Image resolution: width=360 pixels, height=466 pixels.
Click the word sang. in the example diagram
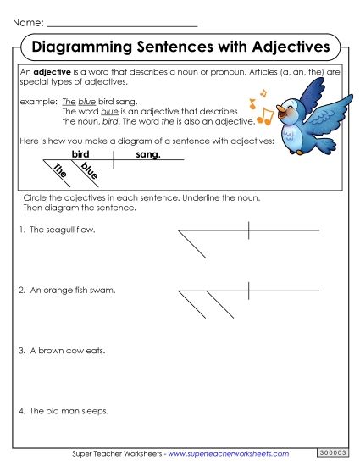coord(147,155)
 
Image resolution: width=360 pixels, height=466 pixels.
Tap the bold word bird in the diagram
coord(80,155)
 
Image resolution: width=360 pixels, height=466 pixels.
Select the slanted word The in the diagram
coord(60,171)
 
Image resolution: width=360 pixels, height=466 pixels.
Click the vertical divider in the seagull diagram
coord(248,230)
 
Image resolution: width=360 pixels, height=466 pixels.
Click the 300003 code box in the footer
coord(332,453)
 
